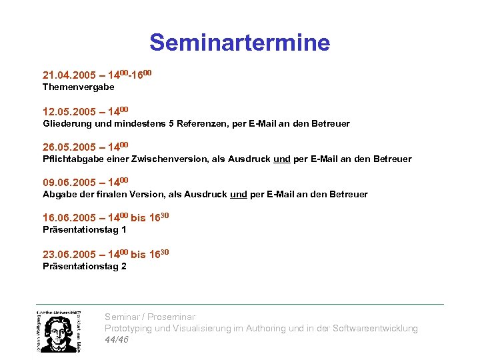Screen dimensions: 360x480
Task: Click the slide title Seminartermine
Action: pos(239,43)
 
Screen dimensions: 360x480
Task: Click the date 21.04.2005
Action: pos(69,75)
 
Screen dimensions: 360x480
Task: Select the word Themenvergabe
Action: pos(78,87)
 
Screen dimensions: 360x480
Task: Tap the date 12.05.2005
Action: pos(69,111)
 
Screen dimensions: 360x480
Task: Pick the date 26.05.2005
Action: pos(69,147)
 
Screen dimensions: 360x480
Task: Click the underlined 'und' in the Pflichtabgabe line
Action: pos(281,159)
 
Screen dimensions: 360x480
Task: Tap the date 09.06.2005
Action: pos(69,182)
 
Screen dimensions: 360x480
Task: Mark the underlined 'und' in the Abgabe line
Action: pos(238,194)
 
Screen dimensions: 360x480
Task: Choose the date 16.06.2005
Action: pos(69,218)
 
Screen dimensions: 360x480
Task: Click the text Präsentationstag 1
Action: pos(84,229)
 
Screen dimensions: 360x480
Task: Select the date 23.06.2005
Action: pos(69,254)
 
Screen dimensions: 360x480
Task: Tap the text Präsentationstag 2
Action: pos(84,266)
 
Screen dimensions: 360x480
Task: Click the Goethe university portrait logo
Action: pos(59,331)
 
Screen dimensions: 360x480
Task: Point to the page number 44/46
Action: pos(117,339)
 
